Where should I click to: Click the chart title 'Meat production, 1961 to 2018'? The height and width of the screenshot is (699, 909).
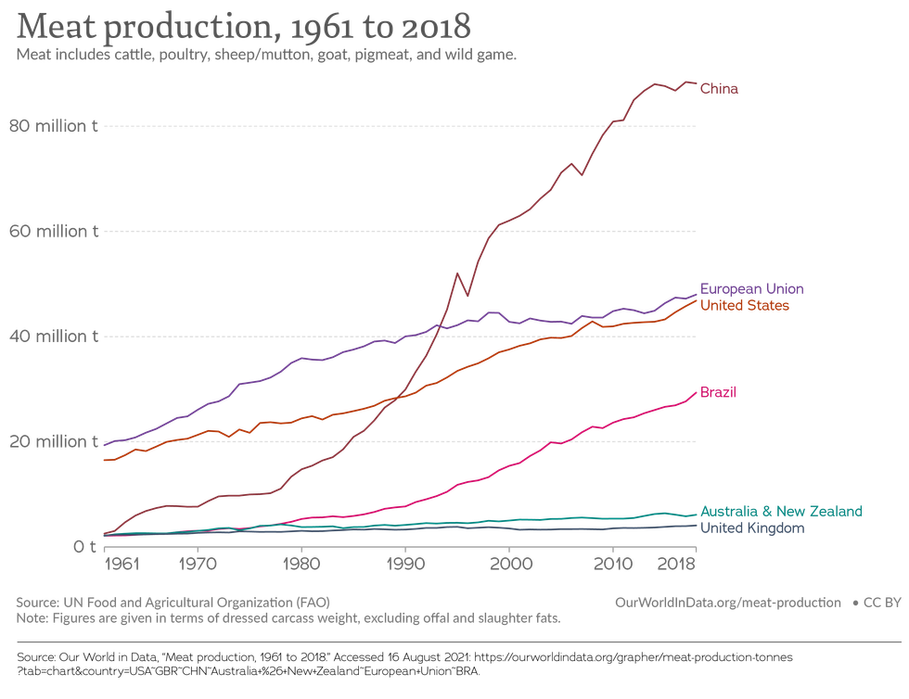[x=244, y=27]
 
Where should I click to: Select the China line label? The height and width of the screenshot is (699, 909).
[x=719, y=89]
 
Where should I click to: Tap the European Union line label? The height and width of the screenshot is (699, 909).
[x=751, y=288]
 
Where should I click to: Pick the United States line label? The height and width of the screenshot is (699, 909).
[x=745, y=305]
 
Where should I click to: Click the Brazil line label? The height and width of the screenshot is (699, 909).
[x=719, y=393]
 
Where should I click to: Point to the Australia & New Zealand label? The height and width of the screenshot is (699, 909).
[x=781, y=511]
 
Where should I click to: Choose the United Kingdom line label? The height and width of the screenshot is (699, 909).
[x=752, y=527]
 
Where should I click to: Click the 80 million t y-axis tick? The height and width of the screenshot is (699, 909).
[x=53, y=126]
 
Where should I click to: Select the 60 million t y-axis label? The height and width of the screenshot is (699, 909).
[x=53, y=231]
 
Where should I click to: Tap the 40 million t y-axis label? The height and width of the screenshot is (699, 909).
[x=53, y=337]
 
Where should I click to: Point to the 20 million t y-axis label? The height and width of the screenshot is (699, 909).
[x=53, y=441]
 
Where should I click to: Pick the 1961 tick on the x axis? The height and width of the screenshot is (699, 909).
[x=118, y=564]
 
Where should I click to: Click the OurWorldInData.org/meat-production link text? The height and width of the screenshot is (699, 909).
[x=727, y=602]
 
